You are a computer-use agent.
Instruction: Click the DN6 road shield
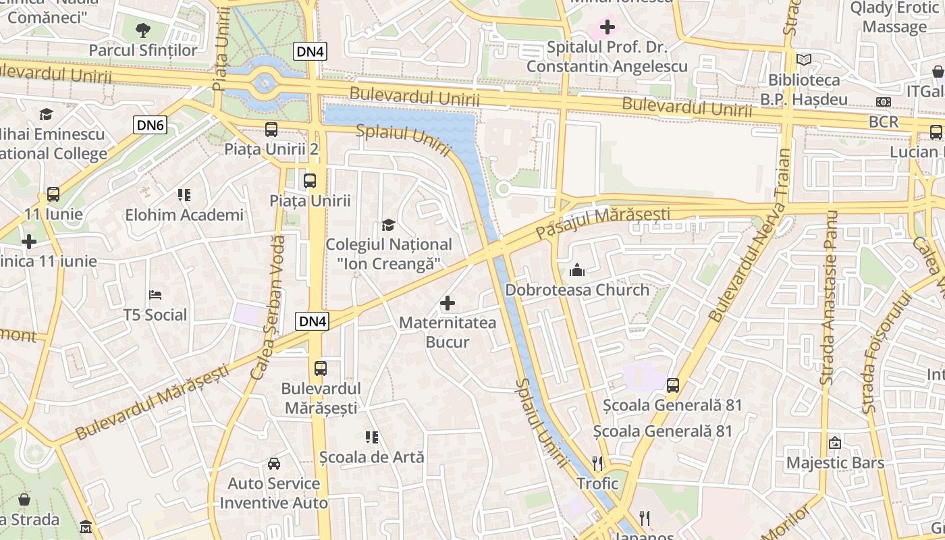(150, 124)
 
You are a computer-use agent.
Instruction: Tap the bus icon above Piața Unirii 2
(271, 130)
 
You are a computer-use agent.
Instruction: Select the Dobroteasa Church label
(577, 290)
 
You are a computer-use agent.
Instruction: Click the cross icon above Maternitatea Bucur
(447, 303)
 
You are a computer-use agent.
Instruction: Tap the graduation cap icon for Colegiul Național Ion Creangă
(388, 224)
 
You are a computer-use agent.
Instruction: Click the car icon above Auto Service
(274, 464)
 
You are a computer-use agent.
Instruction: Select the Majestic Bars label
(835, 463)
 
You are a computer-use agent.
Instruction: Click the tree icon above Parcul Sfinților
(142, 30)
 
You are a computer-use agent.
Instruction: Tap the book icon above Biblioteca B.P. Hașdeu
(803, 60)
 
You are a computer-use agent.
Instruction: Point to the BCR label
(884, 122)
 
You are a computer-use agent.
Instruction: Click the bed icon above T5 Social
(155, 295)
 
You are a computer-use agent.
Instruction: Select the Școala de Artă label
(372, 457)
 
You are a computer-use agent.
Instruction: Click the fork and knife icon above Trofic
(597, 463)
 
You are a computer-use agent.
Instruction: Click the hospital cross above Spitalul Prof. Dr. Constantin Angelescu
(607, 27)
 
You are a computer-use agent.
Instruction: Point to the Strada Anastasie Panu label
(828, 297)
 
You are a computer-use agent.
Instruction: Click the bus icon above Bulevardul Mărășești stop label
(321, 369)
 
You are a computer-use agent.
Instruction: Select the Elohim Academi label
(184, 215)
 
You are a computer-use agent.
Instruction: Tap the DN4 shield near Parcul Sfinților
(310, 51)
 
